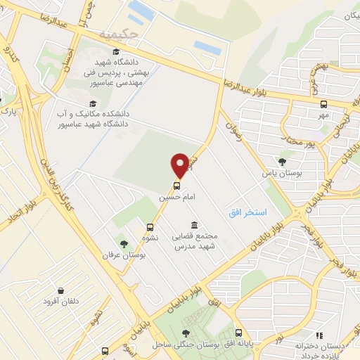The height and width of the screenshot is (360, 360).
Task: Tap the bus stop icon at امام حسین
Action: click(176, 186)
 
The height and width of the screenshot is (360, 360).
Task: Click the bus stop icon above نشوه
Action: click(150, 227)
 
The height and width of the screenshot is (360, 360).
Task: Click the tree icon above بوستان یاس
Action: click(282, 162)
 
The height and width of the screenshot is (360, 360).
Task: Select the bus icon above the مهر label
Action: click(323, 103)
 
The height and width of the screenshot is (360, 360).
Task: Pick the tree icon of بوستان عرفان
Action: click(124, 244)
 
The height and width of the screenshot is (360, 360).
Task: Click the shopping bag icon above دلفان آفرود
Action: click(61, 290)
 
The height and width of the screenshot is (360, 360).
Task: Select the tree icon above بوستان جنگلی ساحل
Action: click(186, 333)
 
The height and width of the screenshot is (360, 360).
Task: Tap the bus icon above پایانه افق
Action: click(238, 333)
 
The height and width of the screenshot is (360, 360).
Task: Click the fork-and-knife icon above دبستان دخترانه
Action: click(319, 335)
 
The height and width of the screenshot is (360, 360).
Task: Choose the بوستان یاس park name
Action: click(277, 173)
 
